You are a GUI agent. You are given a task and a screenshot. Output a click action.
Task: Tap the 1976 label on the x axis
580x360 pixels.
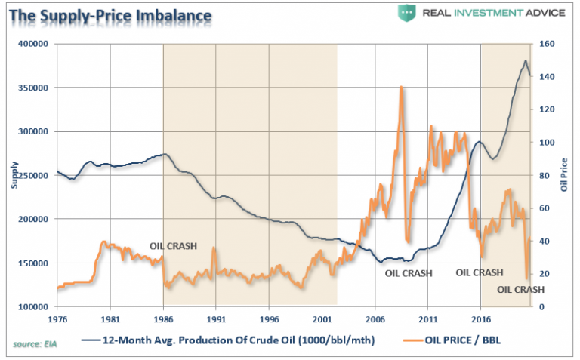point(57,319)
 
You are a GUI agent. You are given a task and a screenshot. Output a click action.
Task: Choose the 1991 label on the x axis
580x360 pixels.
point(216,319)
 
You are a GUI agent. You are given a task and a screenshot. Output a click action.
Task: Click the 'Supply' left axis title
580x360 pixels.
point(12,175)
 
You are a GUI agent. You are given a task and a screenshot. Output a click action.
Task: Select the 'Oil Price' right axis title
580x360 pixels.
point(566,175)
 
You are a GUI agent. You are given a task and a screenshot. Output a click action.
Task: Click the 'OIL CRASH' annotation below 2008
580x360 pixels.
point(409,273)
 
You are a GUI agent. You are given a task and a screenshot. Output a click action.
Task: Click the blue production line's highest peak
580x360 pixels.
point(526,61)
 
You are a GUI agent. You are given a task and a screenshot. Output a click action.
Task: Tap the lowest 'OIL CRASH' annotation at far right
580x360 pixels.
point(521,290)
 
